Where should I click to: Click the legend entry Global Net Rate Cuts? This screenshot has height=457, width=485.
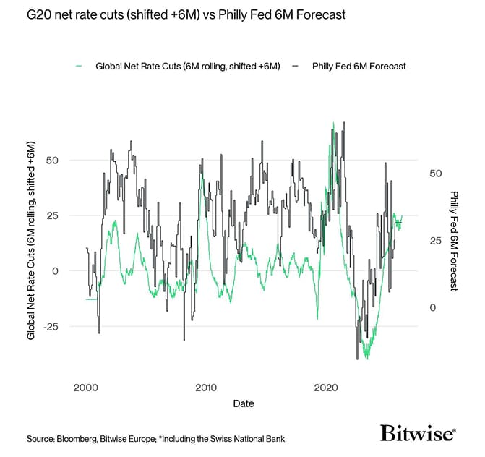click(x=187, y=66)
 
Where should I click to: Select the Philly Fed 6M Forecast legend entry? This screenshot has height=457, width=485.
click(x=359, y=66)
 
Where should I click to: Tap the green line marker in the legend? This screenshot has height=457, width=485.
click(x=79, y=66)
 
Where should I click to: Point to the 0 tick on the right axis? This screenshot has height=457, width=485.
click(x=433, y=308)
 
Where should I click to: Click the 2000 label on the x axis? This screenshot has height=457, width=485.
click(x=86, y=386)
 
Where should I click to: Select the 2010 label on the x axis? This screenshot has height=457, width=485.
click(x=206, y=386)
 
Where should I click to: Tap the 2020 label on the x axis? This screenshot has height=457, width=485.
click(x=327, y=386)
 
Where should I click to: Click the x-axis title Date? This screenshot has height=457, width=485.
click(x=243, y=403)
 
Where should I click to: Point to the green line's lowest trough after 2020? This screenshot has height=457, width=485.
click(x=367, y=357)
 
